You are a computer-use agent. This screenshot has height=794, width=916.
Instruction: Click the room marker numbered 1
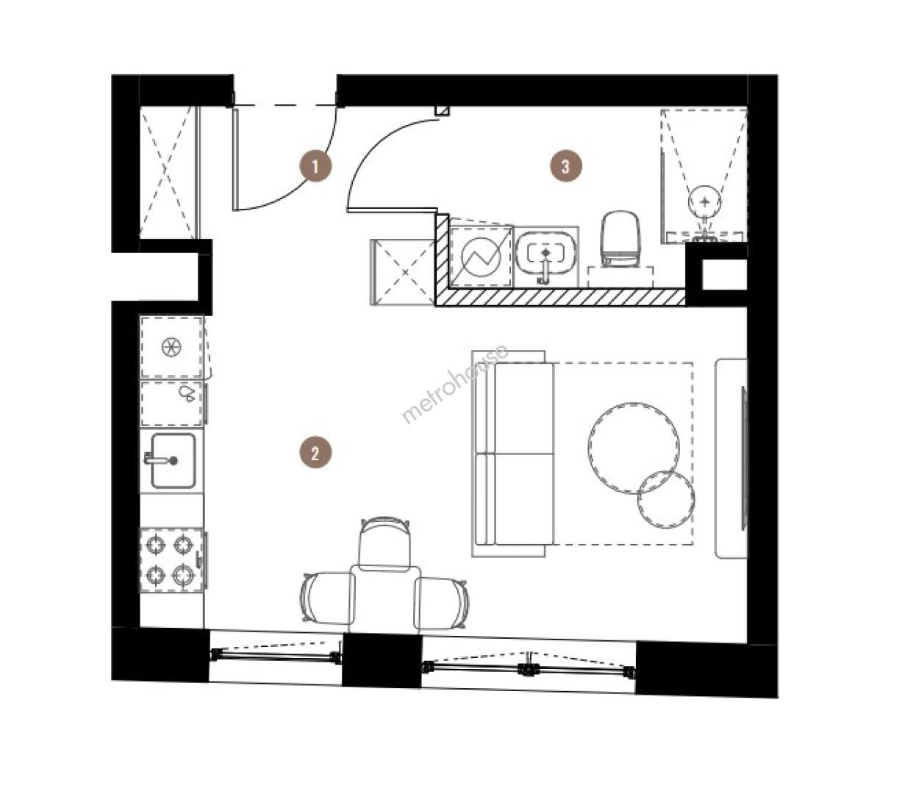coord(315,167)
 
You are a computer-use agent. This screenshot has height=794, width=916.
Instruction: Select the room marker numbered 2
coord(315,454)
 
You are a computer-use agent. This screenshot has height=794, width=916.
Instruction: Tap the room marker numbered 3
coord(566,167)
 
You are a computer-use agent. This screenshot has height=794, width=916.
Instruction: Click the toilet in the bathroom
coord(620,239)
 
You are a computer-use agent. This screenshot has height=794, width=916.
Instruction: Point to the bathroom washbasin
coord(546,256)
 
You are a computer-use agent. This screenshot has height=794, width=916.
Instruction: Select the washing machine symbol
coord(482,256)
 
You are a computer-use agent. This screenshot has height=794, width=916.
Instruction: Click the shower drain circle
coord(704,202)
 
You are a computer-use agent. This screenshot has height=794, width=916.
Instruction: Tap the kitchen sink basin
coord(173,461)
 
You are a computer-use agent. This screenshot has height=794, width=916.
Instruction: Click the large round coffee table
coord(633,448)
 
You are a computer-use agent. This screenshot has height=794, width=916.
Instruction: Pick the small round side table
coord(666,499)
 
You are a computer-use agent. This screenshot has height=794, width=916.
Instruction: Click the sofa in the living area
coord(514,454)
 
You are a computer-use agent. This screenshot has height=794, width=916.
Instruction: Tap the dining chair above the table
coord(384,543)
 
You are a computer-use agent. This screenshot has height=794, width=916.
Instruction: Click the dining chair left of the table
coord(327,598)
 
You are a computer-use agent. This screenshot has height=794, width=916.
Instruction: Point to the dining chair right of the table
coord(441,603)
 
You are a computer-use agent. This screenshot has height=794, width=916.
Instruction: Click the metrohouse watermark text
coord(454,384)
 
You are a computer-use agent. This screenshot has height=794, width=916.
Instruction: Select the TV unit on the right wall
coord(731,458)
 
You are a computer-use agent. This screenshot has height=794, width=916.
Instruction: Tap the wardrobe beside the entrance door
coord(168,173)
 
